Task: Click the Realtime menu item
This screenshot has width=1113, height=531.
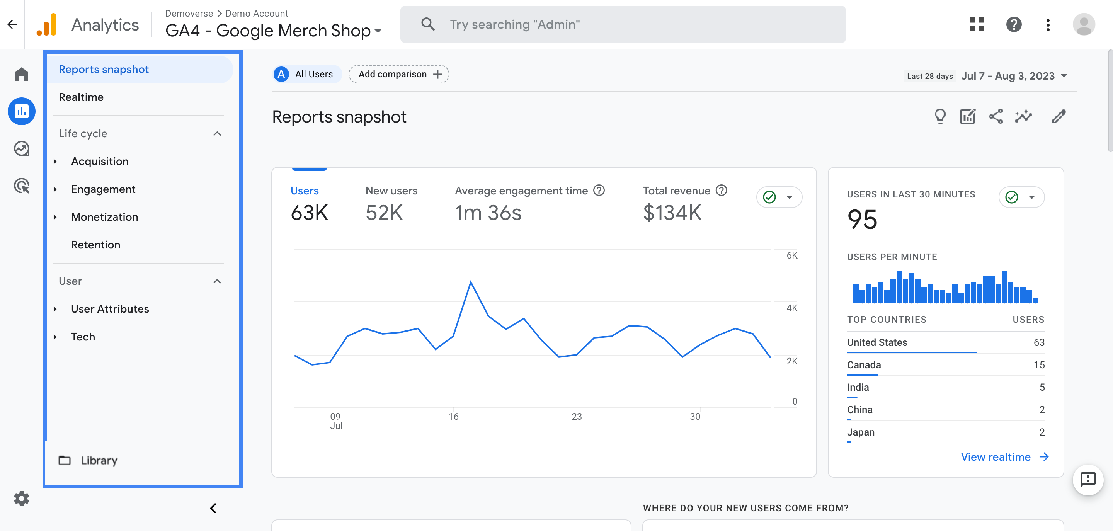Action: tap(81, 97)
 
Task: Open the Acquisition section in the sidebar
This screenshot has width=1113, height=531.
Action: tap(100, 161)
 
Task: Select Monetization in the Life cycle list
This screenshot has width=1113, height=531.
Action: tap(105, 217)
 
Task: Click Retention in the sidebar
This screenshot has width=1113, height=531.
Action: tap(95, 245)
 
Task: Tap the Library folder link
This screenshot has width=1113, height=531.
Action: tap(99, 460)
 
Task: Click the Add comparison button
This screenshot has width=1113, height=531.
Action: tap(399, 74)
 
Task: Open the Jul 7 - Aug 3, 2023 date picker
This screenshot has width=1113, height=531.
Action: tap(1013, 76)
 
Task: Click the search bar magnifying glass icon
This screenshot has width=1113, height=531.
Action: tap(428, 24)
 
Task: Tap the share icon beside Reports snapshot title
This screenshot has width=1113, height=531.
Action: tap(996, 117)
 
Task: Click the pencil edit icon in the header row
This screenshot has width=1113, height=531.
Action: tap(1059, 117)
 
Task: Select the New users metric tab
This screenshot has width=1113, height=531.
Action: tap(391, 191)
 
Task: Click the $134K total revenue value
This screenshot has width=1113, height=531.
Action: tap(672, 213)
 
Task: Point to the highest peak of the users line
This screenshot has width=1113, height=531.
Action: tap(471, 282)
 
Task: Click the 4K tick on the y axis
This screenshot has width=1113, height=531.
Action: tap(791, 308)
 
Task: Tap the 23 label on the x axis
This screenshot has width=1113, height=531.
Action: tap(576, 417)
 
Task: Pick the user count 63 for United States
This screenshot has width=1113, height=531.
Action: tap(1039, 343)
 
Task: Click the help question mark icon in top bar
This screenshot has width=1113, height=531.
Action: tap(1014, 25)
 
